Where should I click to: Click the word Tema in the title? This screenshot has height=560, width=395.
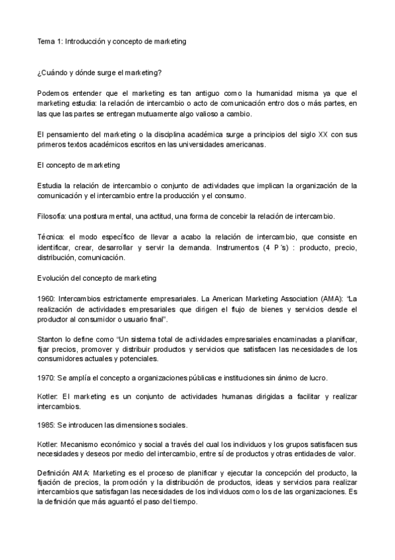[46, 41]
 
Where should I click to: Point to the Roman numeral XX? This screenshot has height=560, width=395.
[322, 135]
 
